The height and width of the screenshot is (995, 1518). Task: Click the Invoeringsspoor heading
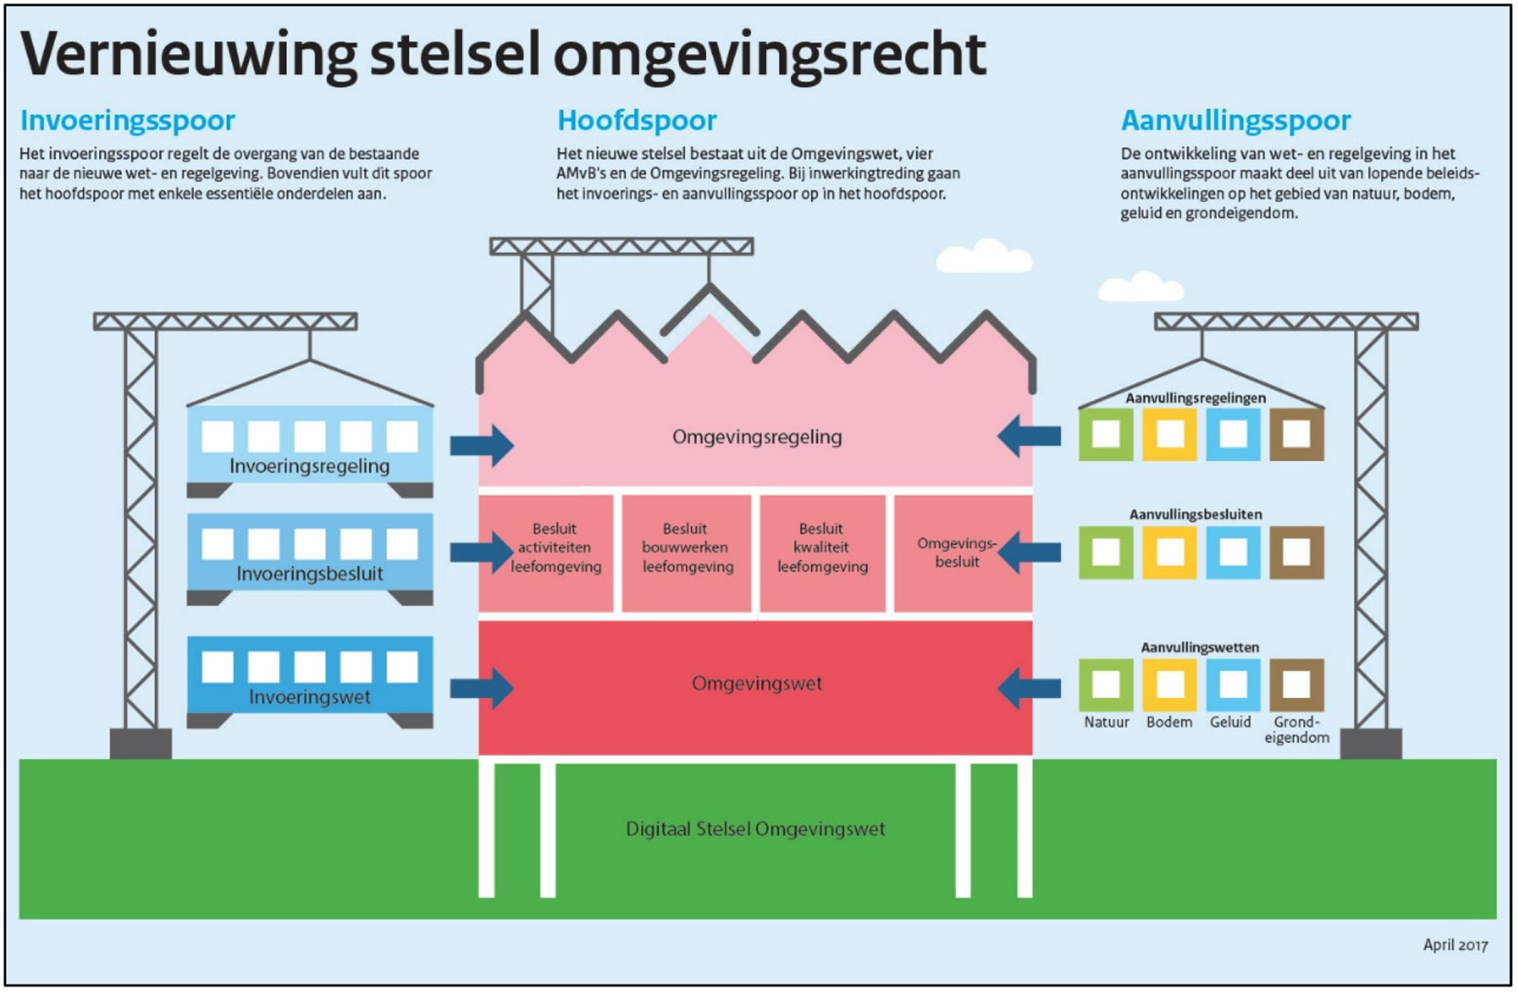(x=127, y=121)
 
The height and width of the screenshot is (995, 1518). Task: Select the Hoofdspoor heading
(x=637, y=121)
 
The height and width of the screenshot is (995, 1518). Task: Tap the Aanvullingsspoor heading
(x=1235, y=121)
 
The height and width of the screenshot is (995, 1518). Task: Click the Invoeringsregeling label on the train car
(x=309, y=467)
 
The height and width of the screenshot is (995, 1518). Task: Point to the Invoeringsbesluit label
(x=309, y=574)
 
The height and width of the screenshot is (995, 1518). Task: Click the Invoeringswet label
(x=309, y=697)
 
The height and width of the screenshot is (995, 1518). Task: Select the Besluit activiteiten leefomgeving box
(x=555, y=548)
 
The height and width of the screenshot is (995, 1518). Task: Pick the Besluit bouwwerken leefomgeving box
(x=686, y=548)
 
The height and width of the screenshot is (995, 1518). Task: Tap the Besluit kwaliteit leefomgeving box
(x=822, y=548)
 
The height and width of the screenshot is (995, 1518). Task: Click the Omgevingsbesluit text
(x=956, y=553)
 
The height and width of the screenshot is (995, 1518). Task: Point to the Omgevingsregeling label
(x=756, y=437)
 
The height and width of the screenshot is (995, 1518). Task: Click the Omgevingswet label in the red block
(x=756, y=683)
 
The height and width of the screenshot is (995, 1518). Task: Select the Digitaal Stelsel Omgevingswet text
(x=754, y=829)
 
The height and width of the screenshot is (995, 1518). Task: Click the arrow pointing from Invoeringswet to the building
(x=482, y=688)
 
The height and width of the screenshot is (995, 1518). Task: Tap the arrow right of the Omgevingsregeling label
(x=1029, y=436)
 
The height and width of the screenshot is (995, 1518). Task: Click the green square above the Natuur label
(x=1105, y=685)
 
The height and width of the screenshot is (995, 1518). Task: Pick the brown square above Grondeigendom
(x=1296, y=685)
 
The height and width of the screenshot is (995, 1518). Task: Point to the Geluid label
(x=1230, y=722)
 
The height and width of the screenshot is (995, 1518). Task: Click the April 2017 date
(x=1454, y=945)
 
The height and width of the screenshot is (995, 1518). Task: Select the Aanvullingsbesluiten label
(x=1195, y=515)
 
